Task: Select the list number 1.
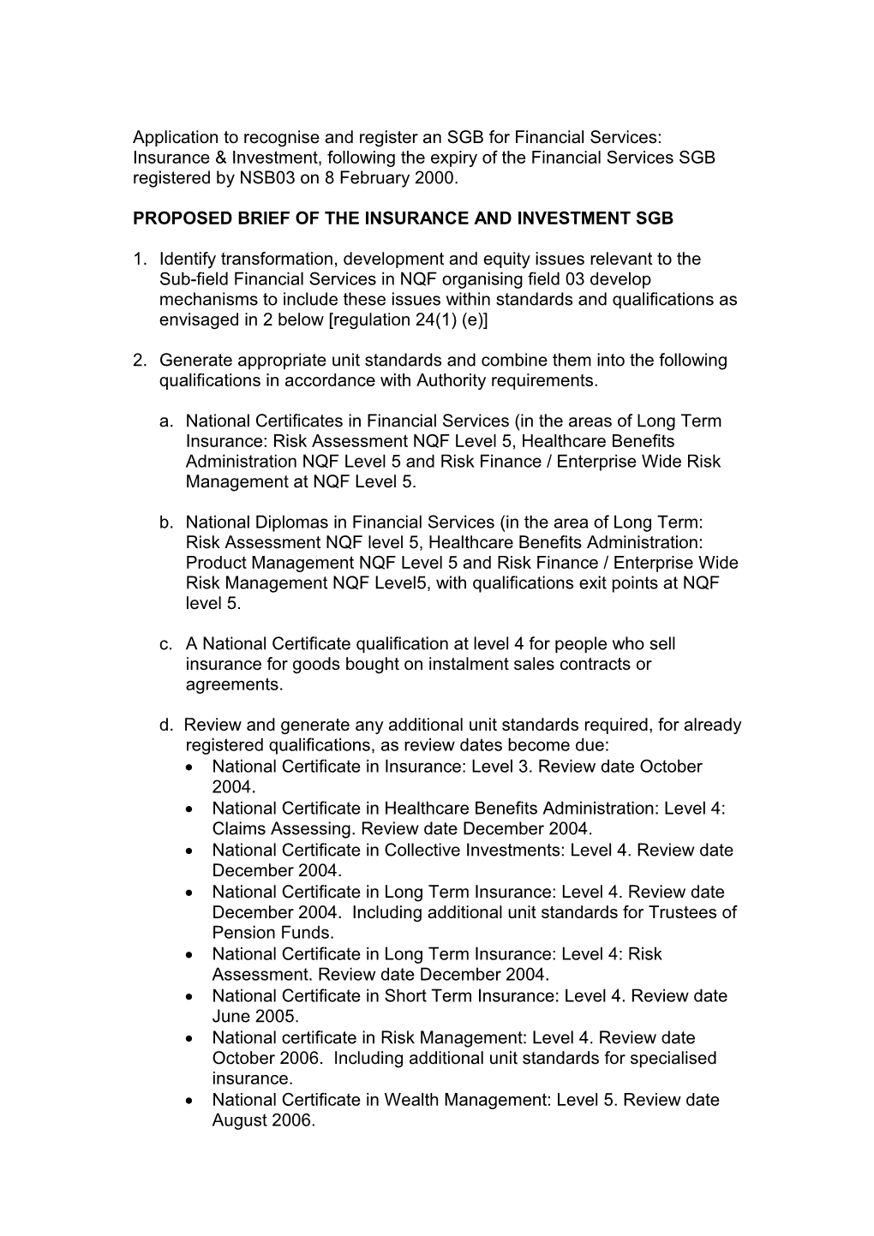tap(139, 260)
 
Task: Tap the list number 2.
tap(139, 361)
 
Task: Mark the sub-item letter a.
tap(165, 421)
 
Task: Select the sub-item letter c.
tap(165, 644)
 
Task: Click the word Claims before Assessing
tap(238, 829)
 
